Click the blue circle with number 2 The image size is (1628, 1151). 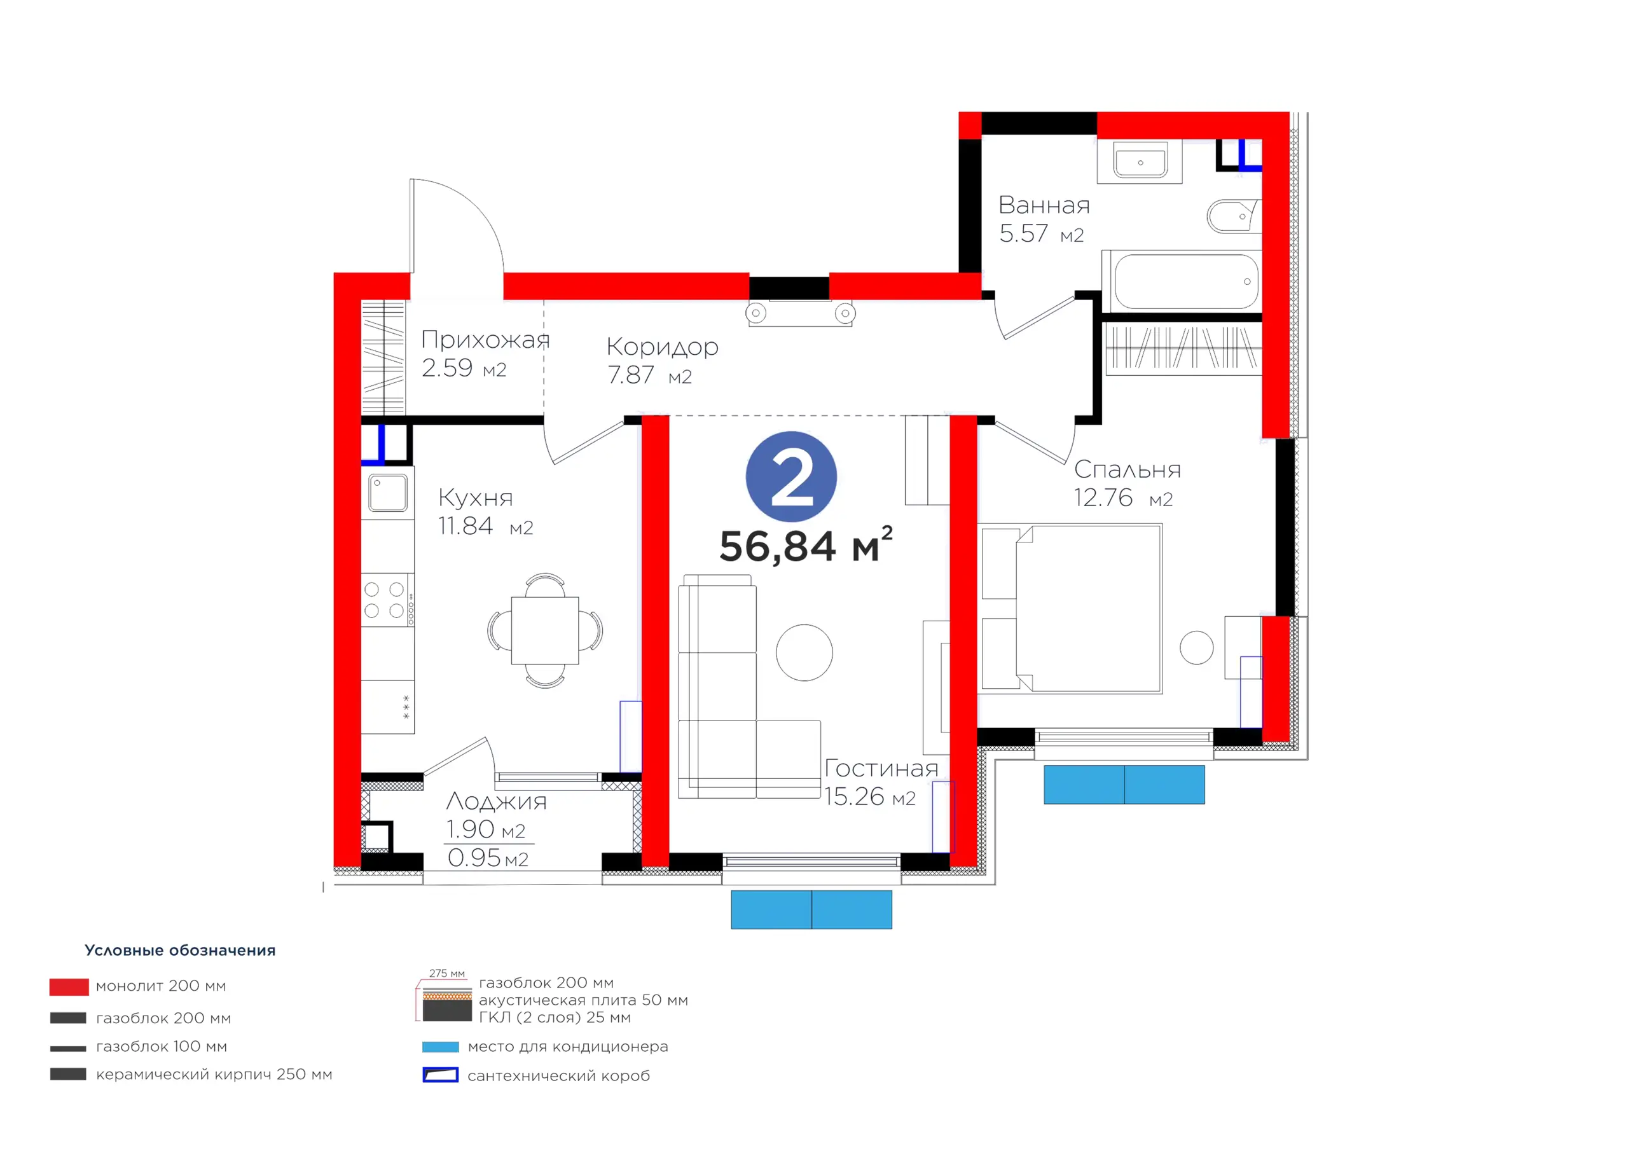pyautogui.click(x=791, y=476)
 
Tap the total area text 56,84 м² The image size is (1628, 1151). pyautogui.click(x=806, y=544)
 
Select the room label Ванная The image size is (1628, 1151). pyautogui.click(x=1044, y=205)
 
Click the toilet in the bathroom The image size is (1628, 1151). pyautogui.click(x=1234, y=216)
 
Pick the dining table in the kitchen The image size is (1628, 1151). pyautogui.click(x=544, y=630)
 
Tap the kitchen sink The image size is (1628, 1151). pyautogui.click(x=387, y=493)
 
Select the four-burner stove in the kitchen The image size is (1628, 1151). pyautogui.click(x=387, y=600)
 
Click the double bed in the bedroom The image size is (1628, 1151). pyautogui.click(x=1071, y=609)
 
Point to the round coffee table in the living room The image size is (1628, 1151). pyautogui.click(x=804, y=652)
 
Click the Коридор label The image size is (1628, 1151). pyautogui.click(x=662, y=347)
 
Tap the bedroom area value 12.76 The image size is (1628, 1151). pyautogui.click(x=1103, y=498)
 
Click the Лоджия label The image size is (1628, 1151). pyautogui.click(x=496, y=801)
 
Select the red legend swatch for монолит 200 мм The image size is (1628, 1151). pyautogui.click(x=69, y=986)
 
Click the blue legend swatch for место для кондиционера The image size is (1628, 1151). pyautogui.click(x=440, y=1047)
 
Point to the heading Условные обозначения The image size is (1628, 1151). pyautogui.click(x=180, y=950)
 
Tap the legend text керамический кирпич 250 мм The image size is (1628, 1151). pyautogui.click(x=214, y=1075)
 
